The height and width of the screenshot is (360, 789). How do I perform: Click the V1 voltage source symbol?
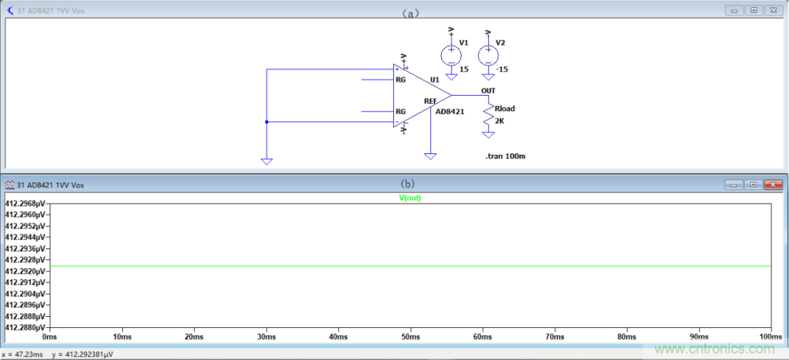pos(451,54)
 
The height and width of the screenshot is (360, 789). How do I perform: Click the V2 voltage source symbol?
pos(487,55)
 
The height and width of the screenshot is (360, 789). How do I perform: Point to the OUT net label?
pos(488,91)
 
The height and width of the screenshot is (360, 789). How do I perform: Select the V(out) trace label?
pos(410,198)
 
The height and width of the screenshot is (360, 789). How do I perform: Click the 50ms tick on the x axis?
pos(411,337)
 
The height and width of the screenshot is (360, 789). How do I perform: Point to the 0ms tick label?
pos(50,337)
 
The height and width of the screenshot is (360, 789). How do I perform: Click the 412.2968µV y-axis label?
pos(26,203)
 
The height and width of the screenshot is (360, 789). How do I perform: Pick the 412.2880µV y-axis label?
pos(26,328)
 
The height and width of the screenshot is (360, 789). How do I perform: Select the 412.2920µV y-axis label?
pos(26,271)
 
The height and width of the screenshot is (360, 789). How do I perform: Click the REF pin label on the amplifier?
pos(431,101)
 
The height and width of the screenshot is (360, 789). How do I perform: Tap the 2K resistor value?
pos(500,120)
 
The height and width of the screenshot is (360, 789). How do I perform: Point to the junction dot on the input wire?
pos(267,122)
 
